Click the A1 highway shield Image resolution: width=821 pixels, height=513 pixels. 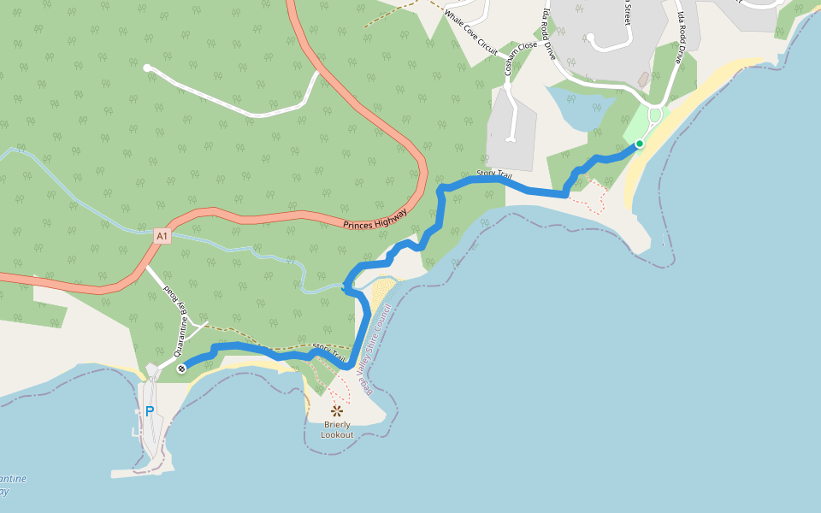[x=162, y=234]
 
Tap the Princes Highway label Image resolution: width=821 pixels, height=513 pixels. [x=375, y=221]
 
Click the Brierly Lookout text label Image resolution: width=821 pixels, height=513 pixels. [x=337, y=429]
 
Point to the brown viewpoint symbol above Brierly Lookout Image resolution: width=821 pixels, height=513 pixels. [x=337, y=411]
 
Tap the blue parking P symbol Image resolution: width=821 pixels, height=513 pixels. [x=150, y=411]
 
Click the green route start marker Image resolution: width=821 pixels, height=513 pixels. [x=639, y=144]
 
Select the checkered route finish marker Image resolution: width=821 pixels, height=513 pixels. [x=182, y=369]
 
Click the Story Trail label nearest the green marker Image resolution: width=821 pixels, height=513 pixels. [x=494, y=176]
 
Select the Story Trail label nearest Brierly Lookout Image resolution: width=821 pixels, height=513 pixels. [x=328, y=351]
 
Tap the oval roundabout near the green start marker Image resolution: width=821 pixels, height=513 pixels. [x=656, y=115]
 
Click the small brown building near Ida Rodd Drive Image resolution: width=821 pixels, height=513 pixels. [x=643, y=79]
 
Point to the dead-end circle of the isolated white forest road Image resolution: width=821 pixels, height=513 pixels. [x=147, y=67]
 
